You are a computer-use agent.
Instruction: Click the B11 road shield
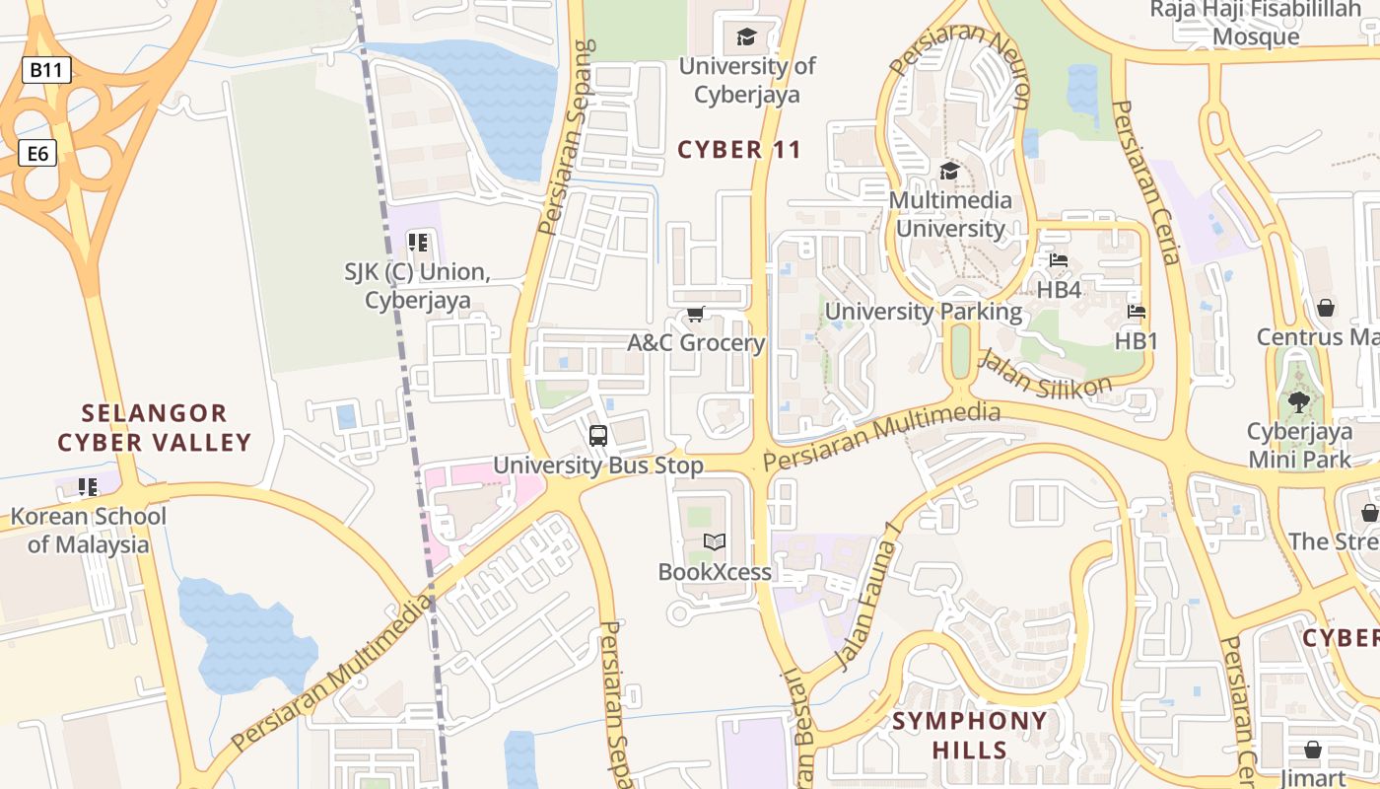(x=46, y=70)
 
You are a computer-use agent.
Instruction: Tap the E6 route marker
(x=38, y=153)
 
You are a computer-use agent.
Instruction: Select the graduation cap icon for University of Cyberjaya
(x=746, y=38)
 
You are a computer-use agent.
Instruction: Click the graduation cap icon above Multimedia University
(x=949, y=172)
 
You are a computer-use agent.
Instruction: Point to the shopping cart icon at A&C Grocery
(x=696, y=315)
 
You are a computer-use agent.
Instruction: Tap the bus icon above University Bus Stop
(x=597, y=436)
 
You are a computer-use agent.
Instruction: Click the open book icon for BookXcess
(x=715, y=542)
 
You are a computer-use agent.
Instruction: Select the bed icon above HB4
(x=1059, y=261)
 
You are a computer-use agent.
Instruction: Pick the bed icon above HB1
(x=1136, y=313)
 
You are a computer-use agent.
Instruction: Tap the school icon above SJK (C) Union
(x=417, y=243)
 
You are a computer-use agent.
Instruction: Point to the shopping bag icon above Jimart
(x=1312, y=750)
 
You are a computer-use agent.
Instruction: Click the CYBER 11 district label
(x=739, y=150)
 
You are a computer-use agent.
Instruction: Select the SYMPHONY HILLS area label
(x=970, y=736)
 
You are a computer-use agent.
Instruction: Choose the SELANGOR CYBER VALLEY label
(x=155, y=427)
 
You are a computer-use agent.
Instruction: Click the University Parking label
(x=924, y=312)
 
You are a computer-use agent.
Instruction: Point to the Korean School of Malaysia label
(x=89, y=530)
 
